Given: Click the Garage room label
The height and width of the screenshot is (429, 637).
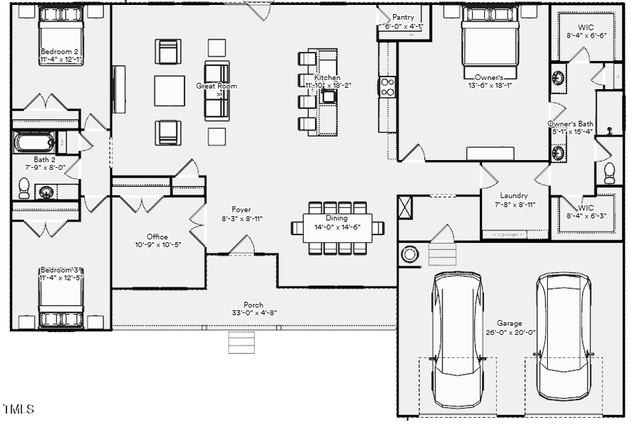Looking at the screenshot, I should pos(510,323).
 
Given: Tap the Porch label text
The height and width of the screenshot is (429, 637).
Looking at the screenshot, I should pos(253,304).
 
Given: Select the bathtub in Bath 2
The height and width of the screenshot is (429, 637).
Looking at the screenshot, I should pos(34,142).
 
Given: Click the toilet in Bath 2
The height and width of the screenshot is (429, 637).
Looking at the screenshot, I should pos(24,188).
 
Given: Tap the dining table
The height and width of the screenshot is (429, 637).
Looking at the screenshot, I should pos(338,228).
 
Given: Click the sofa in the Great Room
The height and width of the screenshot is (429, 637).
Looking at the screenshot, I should pos(217,90).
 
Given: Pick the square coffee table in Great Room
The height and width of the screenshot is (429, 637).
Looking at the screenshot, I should pos(169,91).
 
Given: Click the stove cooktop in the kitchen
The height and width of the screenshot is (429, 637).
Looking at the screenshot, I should pos(387,87).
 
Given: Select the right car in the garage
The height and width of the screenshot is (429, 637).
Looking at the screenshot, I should pos(563,336).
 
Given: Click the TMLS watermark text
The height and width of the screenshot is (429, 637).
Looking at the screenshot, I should pos(18,409).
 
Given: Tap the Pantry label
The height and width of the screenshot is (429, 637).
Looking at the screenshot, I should pos(403,17).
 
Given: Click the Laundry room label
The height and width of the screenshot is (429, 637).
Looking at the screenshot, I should pos(514,195).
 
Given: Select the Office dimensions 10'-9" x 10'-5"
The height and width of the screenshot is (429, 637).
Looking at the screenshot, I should pos(157,245).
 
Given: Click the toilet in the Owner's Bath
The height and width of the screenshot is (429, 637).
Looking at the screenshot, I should pos(609,173).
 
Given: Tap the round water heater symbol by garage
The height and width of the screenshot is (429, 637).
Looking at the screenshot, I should pos(410,254).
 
